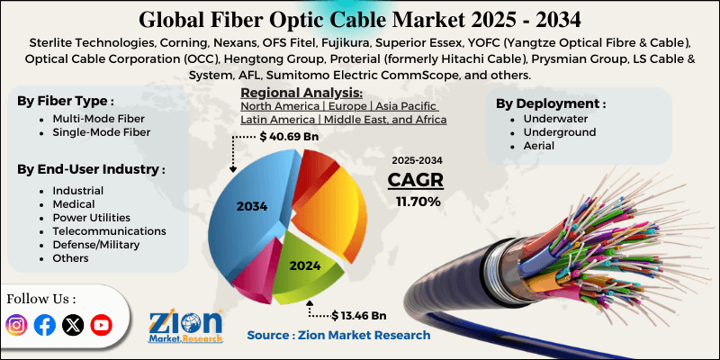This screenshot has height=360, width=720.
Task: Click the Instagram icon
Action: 17,326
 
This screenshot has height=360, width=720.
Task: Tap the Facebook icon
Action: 45,326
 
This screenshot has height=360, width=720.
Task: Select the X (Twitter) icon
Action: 73,326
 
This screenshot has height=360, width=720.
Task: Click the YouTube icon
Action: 101,326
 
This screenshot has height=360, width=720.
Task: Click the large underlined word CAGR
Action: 418,179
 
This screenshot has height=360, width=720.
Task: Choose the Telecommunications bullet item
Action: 103,230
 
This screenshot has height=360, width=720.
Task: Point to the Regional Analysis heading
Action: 301,93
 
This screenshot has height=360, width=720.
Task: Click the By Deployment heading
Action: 550,103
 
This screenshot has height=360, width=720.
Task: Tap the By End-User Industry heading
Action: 91,169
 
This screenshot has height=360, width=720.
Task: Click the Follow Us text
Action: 41,298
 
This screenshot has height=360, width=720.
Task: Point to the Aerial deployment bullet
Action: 527,145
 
